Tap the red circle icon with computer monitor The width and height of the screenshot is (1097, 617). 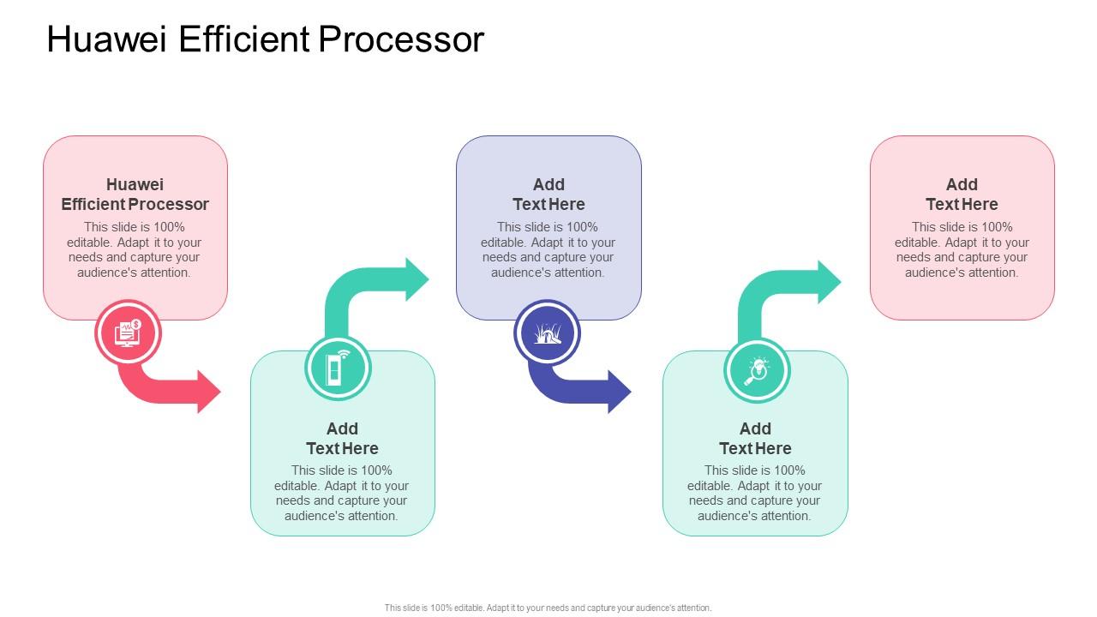click(127, 332)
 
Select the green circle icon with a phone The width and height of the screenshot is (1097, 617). click(338, 368)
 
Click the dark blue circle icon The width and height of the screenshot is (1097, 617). click(547, 332)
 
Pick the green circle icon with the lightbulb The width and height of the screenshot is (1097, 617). click(757, 371)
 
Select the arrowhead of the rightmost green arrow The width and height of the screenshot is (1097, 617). click(829, 282)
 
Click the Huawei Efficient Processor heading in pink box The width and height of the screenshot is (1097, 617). click(135, 195)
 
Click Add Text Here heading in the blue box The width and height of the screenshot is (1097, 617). click(548, 195)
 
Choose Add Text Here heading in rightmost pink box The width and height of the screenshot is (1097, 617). click(962, 195)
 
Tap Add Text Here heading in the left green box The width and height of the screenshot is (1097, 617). click(342, 438)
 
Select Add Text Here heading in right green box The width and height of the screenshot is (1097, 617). click(755, 438)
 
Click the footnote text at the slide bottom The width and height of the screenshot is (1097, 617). click(548, 608)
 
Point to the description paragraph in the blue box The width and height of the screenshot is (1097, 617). click(548, 249)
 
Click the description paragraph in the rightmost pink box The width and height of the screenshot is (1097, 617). click(962, 249)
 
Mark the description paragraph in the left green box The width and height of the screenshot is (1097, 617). click(342, 493)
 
